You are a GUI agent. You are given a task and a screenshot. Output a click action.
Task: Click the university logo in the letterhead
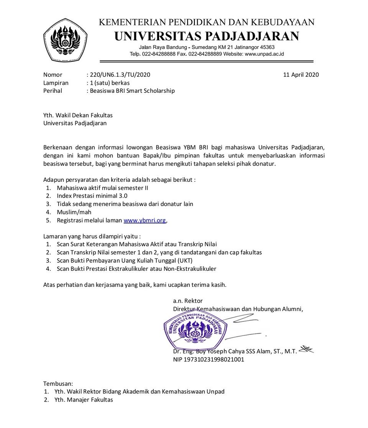65,40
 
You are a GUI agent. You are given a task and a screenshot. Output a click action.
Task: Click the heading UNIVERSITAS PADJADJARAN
207,36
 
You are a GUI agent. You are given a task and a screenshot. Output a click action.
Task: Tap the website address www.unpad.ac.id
264,54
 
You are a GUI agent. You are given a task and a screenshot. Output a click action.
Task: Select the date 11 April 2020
301,75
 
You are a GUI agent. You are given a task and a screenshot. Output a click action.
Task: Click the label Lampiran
56,83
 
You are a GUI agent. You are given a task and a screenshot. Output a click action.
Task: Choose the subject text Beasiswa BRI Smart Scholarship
132,91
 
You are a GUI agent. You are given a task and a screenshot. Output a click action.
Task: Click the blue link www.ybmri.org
145,221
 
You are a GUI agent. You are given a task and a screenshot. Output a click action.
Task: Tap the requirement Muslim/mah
74,212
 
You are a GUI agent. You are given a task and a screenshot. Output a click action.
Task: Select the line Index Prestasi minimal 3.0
92,196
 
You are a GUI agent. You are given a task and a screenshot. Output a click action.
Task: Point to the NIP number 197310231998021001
209,359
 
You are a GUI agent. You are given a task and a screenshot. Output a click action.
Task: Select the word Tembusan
58,384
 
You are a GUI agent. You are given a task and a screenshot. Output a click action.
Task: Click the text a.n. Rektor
188,301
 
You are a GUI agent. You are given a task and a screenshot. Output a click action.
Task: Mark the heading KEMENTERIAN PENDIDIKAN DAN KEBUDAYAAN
207,22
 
